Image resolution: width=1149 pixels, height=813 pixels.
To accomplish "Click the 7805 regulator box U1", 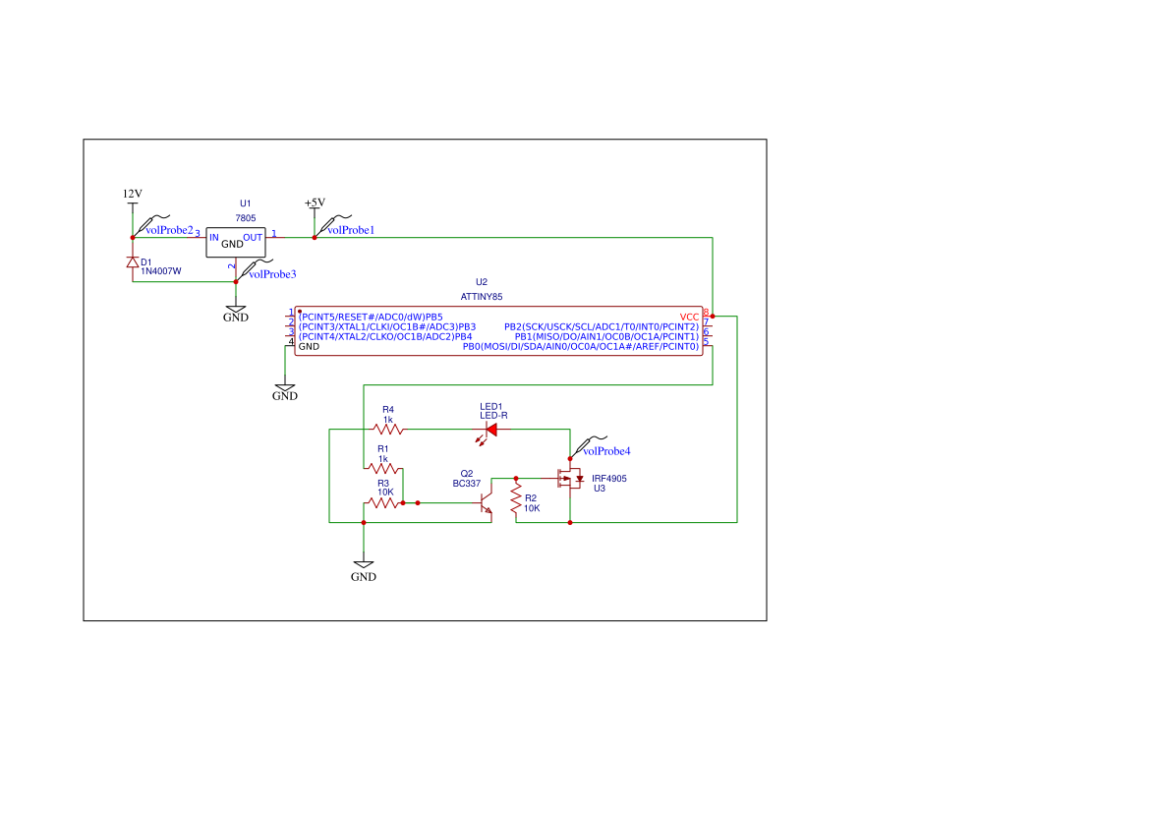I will coord(235,241).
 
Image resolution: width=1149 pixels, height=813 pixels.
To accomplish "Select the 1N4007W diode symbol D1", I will coord(133,262).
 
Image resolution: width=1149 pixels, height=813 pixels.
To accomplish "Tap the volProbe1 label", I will coord(351,230).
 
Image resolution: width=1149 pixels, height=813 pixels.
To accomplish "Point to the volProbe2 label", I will coord(169,230).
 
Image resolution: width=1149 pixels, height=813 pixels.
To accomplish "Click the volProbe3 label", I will coord(272,274).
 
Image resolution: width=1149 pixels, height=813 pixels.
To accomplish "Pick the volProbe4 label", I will coord(606,451).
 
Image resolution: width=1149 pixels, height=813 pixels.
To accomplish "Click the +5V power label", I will coord(315,203).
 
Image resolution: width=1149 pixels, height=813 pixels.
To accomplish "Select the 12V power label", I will coord(132,194).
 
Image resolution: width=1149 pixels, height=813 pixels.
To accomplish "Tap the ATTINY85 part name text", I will coord(482,296).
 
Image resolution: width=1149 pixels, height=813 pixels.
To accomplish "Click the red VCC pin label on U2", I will coord(689,317).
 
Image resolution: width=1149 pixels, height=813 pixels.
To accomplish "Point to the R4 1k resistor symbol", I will coord(388,429).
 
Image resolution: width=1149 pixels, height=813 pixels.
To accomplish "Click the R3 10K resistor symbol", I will coord(383,502).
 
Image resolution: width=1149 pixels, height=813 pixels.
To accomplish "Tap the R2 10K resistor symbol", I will coord(515,501).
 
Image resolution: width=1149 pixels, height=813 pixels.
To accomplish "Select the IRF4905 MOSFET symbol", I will coord(568,480).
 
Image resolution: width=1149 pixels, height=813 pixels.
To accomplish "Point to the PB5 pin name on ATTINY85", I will coord(433,317).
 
